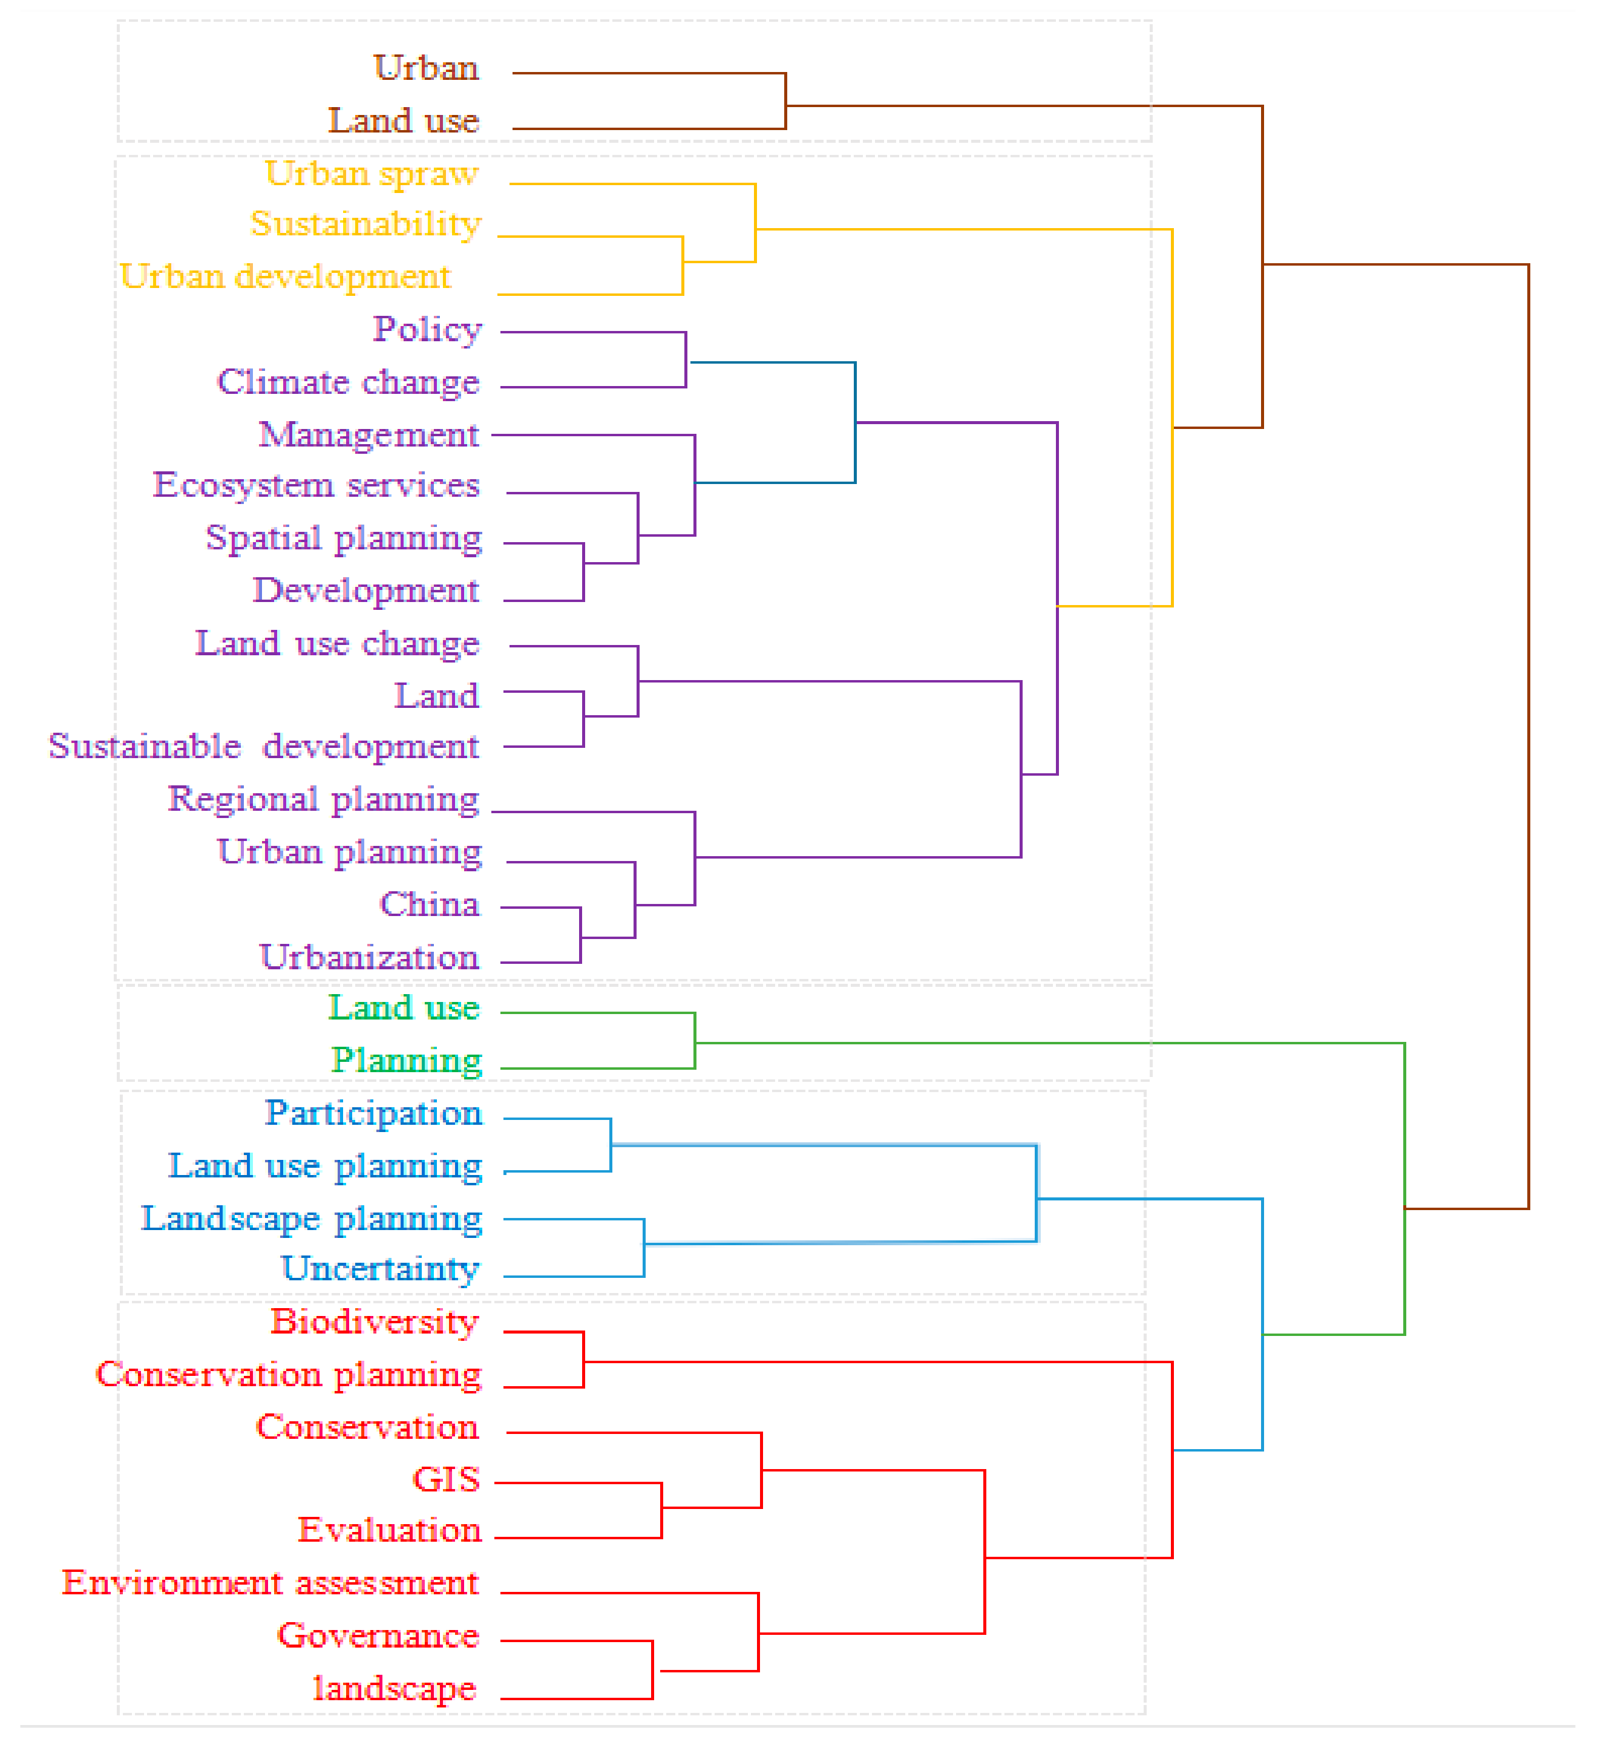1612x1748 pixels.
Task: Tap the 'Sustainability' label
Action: point(365,224)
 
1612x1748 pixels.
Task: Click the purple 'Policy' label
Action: point(427,330)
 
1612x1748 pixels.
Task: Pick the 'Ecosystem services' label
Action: point(316,485)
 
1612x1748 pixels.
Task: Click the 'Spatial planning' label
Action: point(344,538)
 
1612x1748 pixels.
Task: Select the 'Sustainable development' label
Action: point(263,747)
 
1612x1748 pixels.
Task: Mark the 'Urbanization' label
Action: point(369,958)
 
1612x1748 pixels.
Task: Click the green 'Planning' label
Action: point(407,1061)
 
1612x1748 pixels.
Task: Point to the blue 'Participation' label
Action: point(373,1113)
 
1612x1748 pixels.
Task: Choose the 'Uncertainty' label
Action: point(381,1269)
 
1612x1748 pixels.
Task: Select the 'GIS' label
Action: point(446,1479)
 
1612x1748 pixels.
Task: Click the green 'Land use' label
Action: point(404,1009)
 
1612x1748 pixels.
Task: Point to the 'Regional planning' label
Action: point(324,799)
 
